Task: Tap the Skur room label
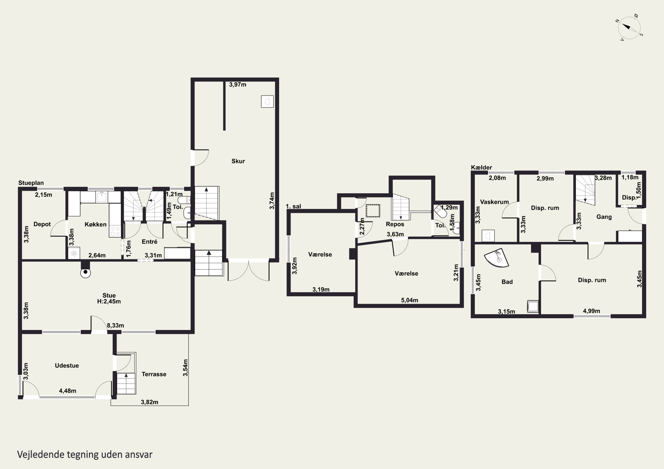pos(238,161)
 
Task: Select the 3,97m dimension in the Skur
pos(238,85)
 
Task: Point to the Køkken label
pos(95,224)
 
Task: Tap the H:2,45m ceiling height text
pos(109,301)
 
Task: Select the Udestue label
pos(67,366)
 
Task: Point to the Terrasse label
pos(154,374)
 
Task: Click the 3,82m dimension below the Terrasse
pos(150,402)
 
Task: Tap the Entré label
pos(150,242)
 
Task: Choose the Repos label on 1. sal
pos(395,224)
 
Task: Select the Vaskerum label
pos(494,202)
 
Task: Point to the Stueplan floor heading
pos(31,183)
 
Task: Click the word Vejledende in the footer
pos(41,455)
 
